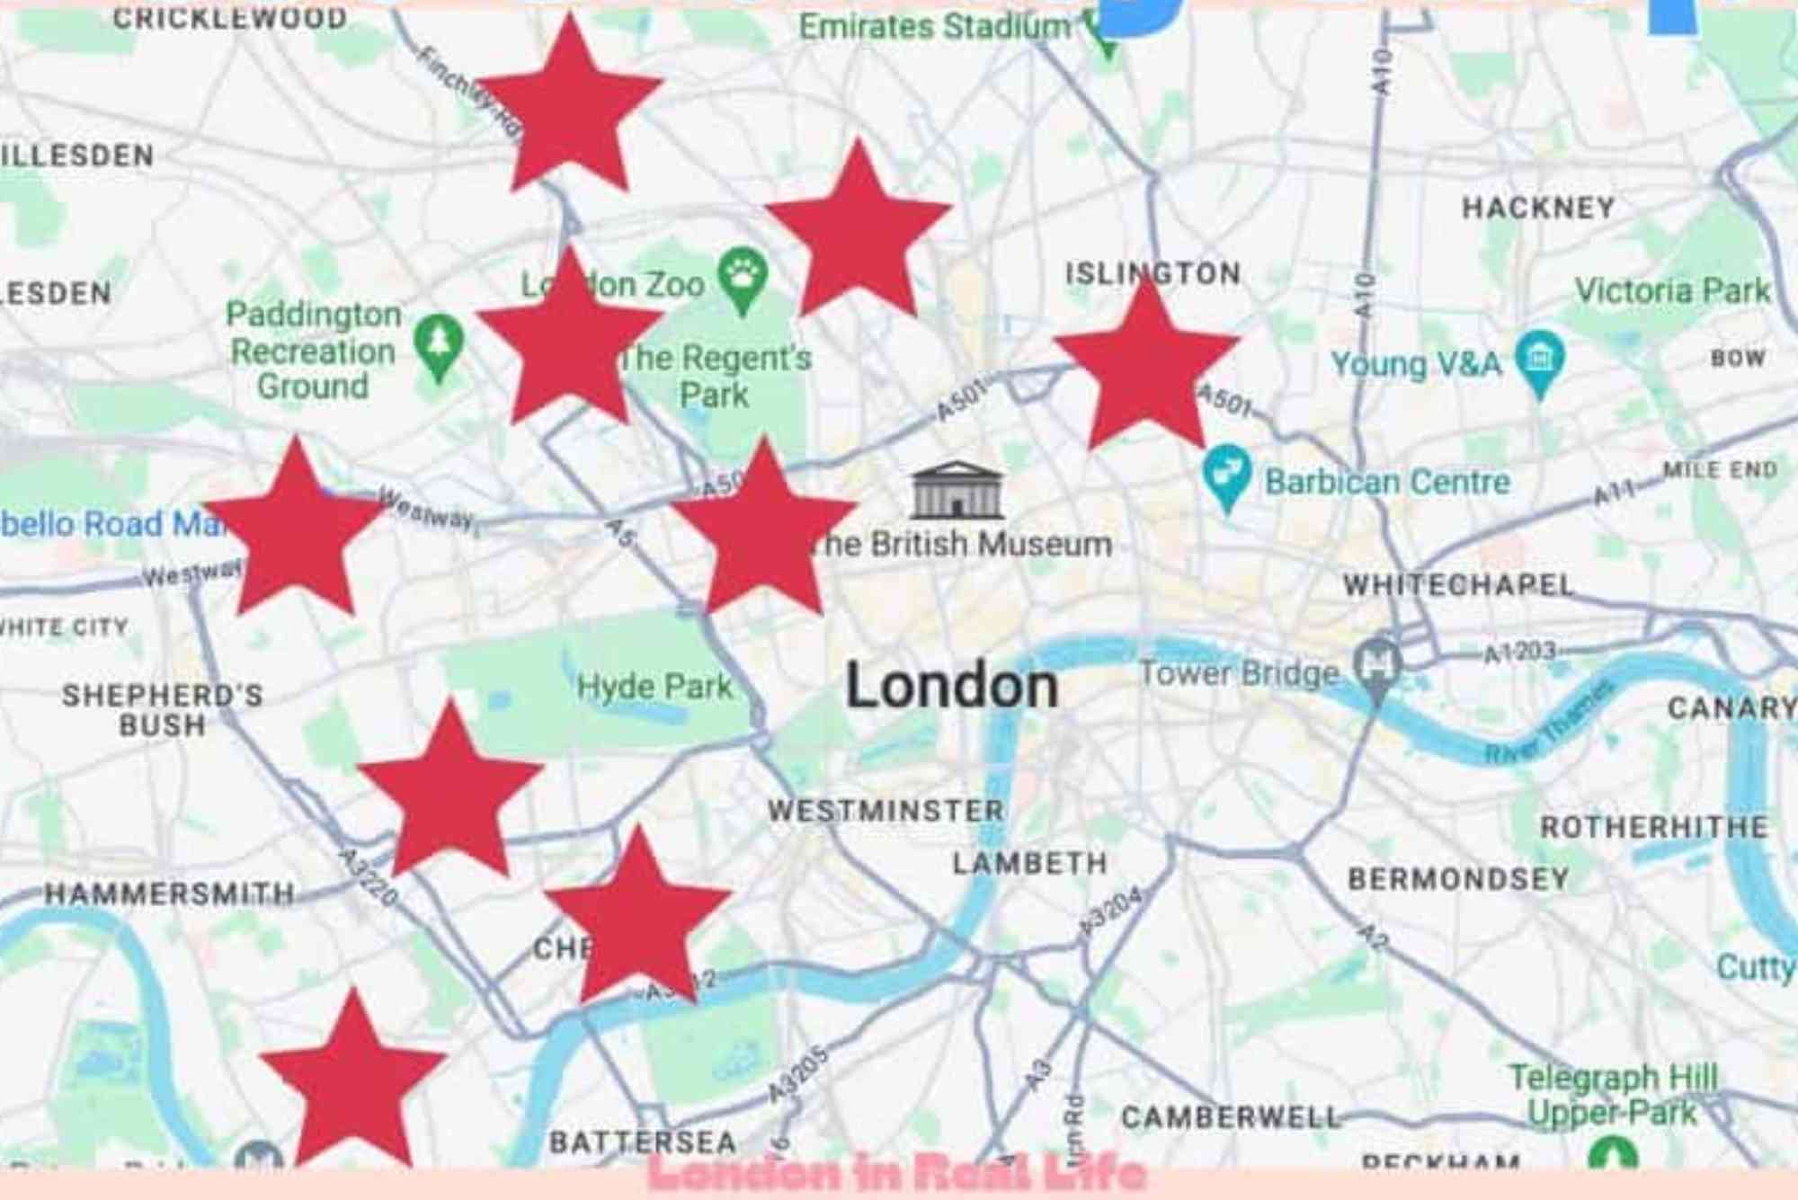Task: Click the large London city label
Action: click(951, 687)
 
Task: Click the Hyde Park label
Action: click(654, 687)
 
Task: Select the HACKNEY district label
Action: click(1538, 209)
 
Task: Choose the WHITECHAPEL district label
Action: click(1457, 585)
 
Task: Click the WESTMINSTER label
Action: click(886, 811)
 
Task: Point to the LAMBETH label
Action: click(1029, 864)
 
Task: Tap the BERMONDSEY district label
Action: click(1458, 878)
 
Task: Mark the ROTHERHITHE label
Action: click(1654, 827)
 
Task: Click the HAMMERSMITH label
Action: click(170, 893)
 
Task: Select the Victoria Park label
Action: click(1672, 290)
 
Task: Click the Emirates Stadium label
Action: click(935, 27)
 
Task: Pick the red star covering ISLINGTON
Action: click(1146, 364)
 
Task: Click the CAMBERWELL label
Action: click(1231, 1117)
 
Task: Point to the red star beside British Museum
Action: click(764, 530)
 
